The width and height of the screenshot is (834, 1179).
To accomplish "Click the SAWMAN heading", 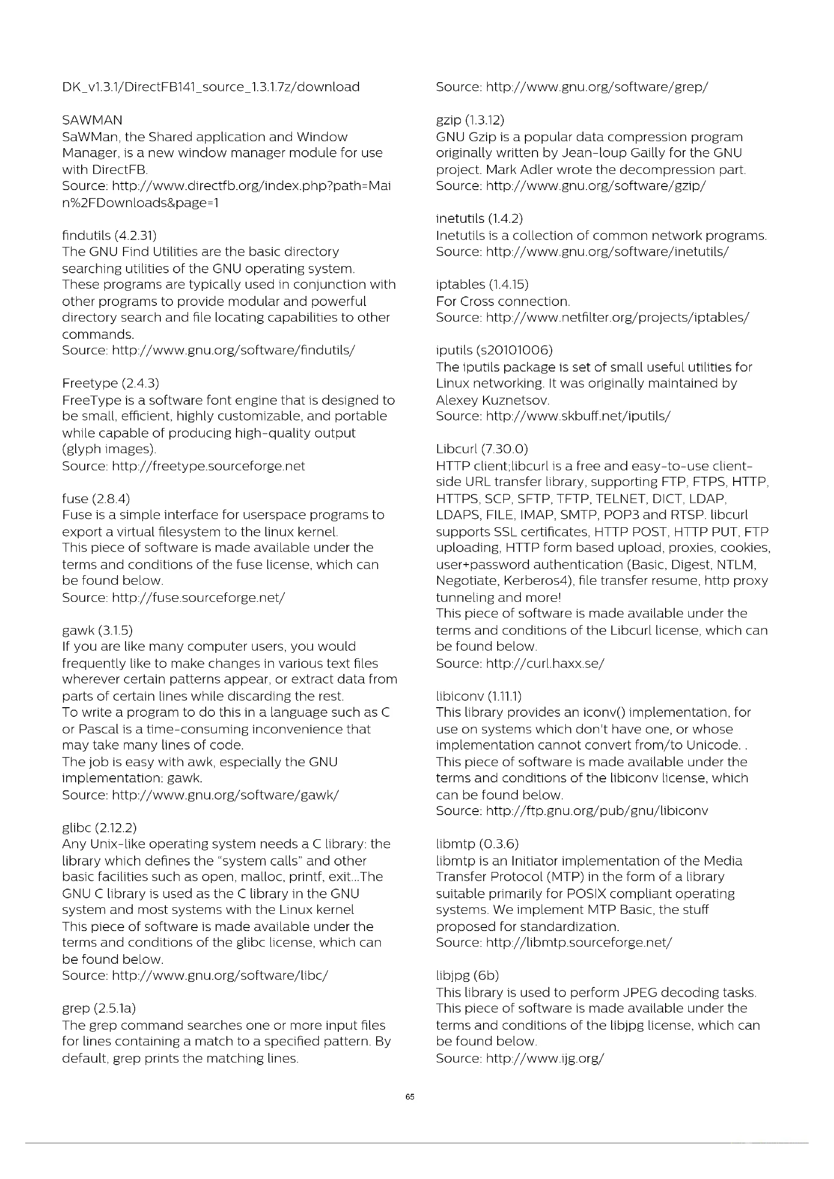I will pos(92,120).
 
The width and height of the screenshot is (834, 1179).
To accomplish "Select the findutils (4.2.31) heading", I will pos(109,235).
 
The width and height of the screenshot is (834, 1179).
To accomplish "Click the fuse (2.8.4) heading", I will pos(96,498).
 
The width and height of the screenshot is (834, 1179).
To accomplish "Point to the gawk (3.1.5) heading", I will pos(97,630).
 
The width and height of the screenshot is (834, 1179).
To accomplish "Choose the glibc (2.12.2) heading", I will pos(100,827).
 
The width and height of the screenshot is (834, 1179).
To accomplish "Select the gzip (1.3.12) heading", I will pos(470,120).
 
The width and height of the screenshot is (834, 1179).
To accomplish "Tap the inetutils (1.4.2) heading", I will pos(479,219).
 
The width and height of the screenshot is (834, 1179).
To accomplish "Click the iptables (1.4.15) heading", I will pos(482,284).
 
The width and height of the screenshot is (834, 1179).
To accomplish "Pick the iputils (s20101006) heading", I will pos(494,350).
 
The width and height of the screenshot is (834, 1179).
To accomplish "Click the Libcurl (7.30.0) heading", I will pos(482,449).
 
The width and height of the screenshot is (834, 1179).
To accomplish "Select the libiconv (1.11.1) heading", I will pos(479,696).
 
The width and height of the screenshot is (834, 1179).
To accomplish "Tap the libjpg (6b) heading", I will pos(467,975).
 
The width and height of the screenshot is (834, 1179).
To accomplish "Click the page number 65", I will pos(410,1097).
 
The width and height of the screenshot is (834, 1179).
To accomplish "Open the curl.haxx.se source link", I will pos(545,663).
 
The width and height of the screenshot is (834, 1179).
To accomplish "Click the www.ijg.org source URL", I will pos(545,1058).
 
